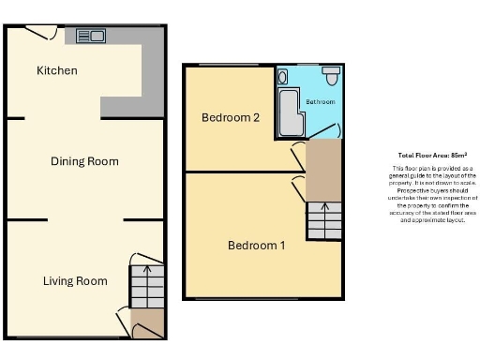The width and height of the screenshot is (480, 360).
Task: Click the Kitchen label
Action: [x=57, y=70]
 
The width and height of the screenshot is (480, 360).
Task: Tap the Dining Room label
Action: [x=84, y=161]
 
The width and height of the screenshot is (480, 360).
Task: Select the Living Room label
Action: [x=75, y=280]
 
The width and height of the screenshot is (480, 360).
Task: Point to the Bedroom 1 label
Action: [x=257, y=246]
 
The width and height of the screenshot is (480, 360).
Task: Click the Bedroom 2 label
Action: [x=230, y=117]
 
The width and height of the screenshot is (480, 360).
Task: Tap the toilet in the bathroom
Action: [x=331, y=71]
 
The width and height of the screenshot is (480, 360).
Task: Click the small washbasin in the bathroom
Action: [x=283, y=76]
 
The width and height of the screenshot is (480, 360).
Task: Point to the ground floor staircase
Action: [x=145, y=281]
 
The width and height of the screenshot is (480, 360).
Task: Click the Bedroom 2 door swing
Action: [x=298, y=152]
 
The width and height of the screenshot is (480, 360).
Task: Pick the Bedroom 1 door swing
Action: [x=299, y=186]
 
